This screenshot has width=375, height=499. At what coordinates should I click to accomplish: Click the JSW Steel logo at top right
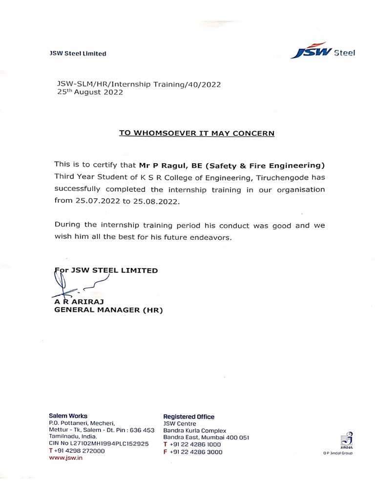[322, 51]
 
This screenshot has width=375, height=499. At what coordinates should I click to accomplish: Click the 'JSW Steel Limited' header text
[78, 54]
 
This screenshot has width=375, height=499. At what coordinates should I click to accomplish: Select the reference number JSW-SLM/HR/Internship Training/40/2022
[139, 84]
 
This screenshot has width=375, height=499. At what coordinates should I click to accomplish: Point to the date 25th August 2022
[90, 92]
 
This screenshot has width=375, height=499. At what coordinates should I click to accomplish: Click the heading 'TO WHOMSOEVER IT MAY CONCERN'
[197, 133]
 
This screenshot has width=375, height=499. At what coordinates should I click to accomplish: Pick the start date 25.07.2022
[95, 201]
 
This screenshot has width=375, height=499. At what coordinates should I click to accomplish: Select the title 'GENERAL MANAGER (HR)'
[108, 310]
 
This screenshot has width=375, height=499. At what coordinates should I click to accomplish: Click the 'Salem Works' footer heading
[68, 416]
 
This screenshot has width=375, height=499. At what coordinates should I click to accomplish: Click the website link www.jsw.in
[66, 459]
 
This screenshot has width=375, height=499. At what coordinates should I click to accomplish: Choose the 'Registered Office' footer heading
[188, 417]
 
